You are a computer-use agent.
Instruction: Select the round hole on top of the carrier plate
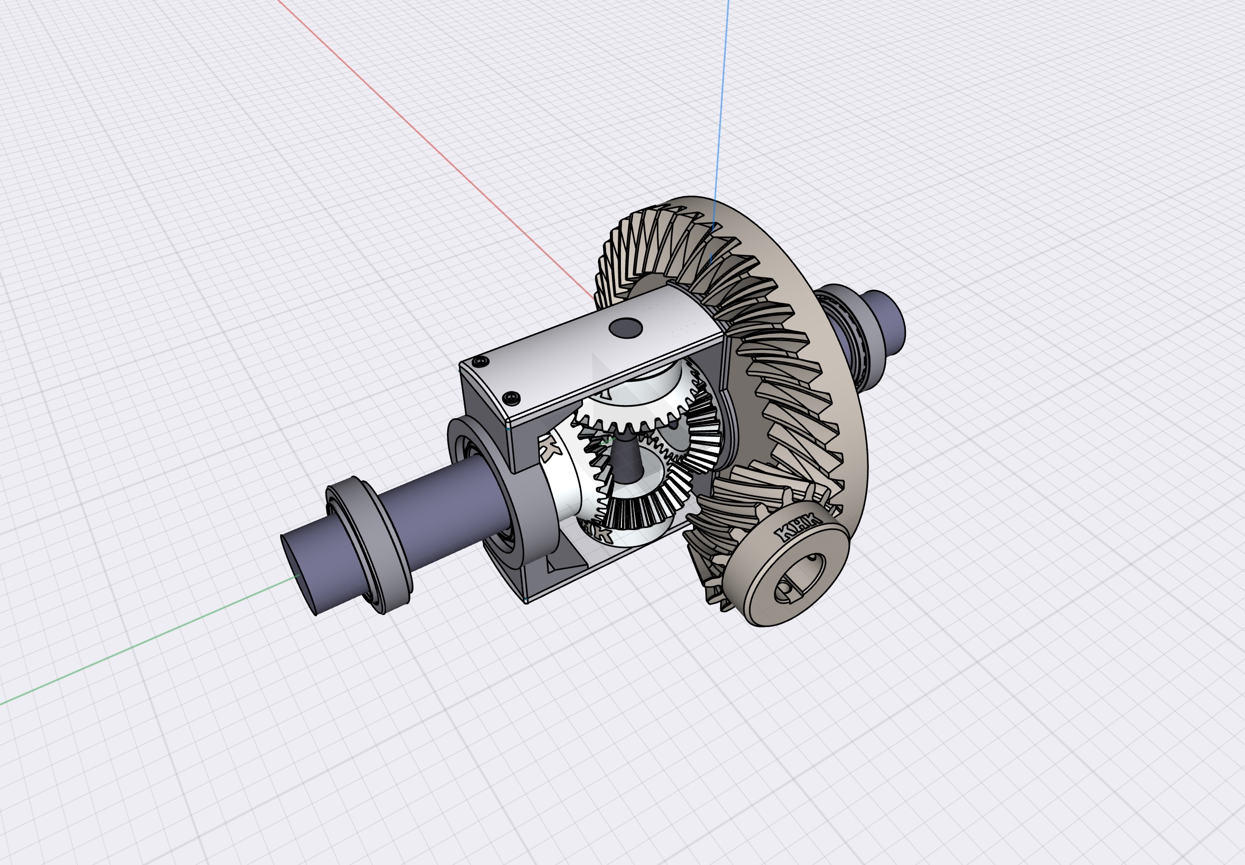625,328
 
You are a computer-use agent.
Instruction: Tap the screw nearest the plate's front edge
511,398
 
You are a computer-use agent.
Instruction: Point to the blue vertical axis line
721,109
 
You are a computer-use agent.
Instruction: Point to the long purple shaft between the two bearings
434,504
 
